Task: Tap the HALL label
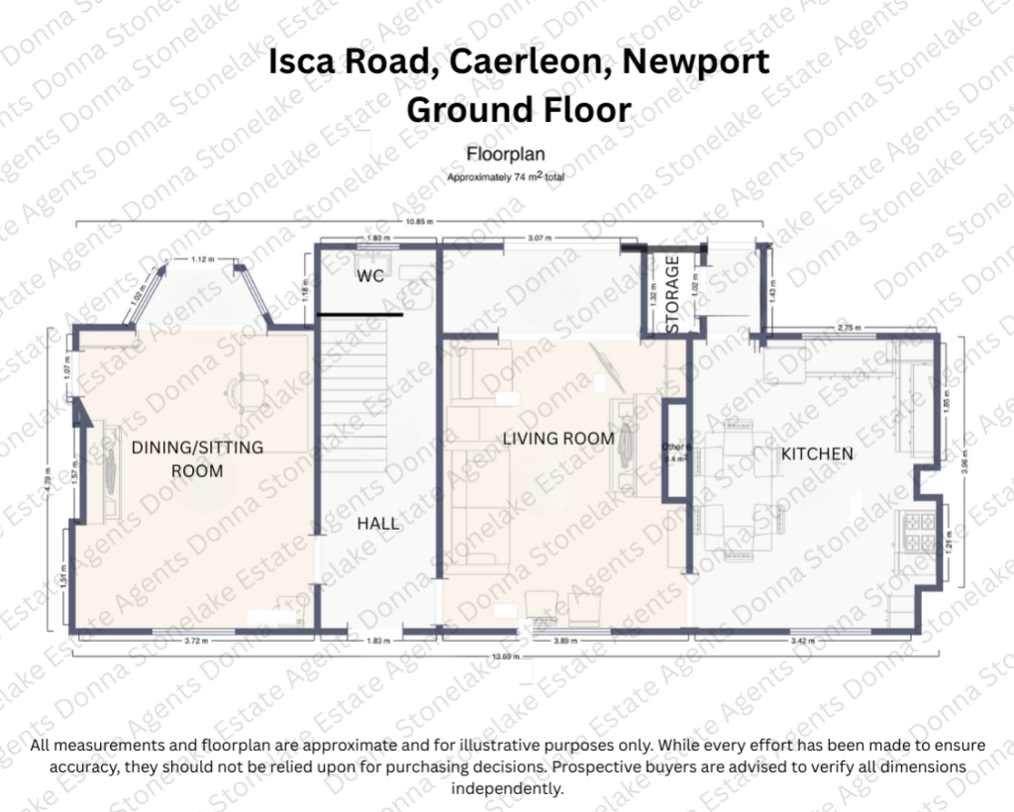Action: [378, 523]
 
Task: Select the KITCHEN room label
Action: [817, 454]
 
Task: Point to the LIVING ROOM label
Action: [558, 438]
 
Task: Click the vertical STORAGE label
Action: [673, 294]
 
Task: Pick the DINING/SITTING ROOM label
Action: [197, 459]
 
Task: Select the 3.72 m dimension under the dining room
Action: [197, 642]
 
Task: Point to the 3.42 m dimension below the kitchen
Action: [804, 642]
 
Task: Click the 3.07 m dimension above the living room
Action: [539, 240]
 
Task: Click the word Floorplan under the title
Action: [506, 155]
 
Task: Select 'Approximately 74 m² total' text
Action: [506, 177]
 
